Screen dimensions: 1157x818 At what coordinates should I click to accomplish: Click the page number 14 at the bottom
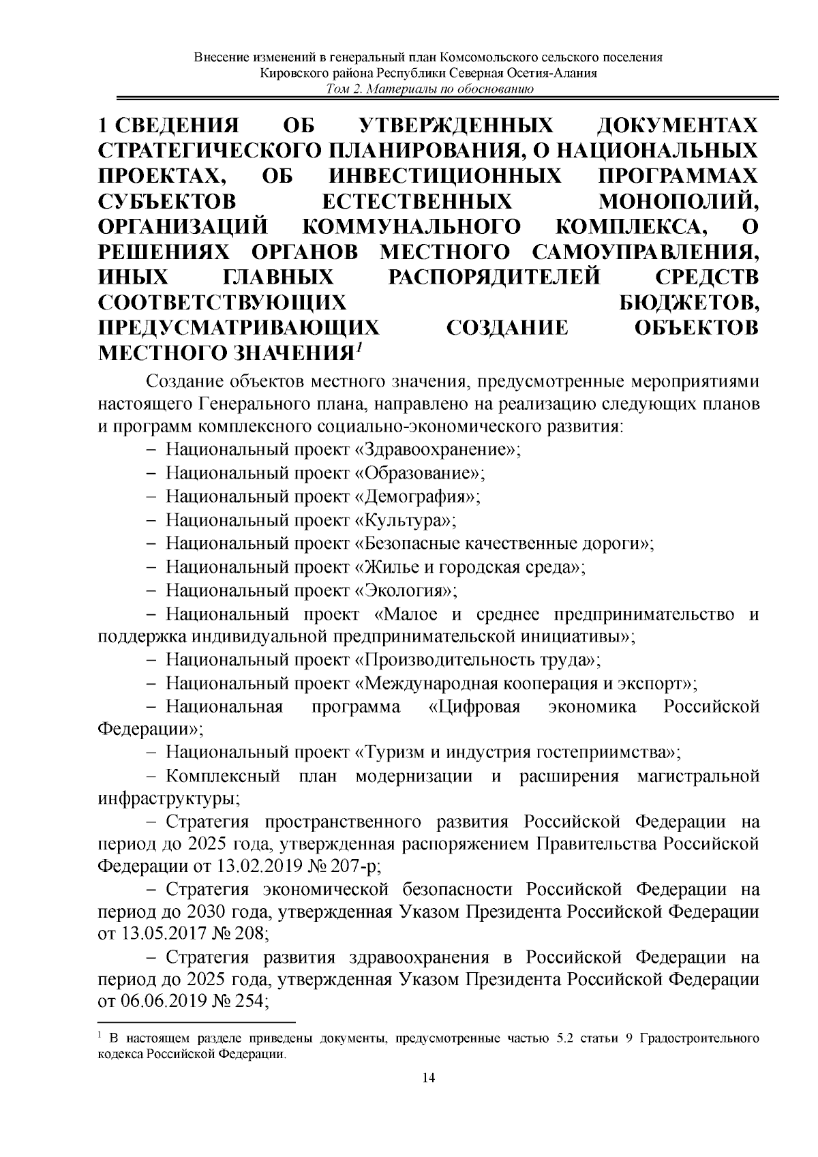click(x=429, y=1097)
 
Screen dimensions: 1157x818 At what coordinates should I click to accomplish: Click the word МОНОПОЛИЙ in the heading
click(x=677, y=202)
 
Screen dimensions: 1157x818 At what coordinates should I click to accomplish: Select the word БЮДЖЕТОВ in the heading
click(x=688, y=302)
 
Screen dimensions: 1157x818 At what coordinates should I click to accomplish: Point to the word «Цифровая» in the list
click(x=474, y=706)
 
